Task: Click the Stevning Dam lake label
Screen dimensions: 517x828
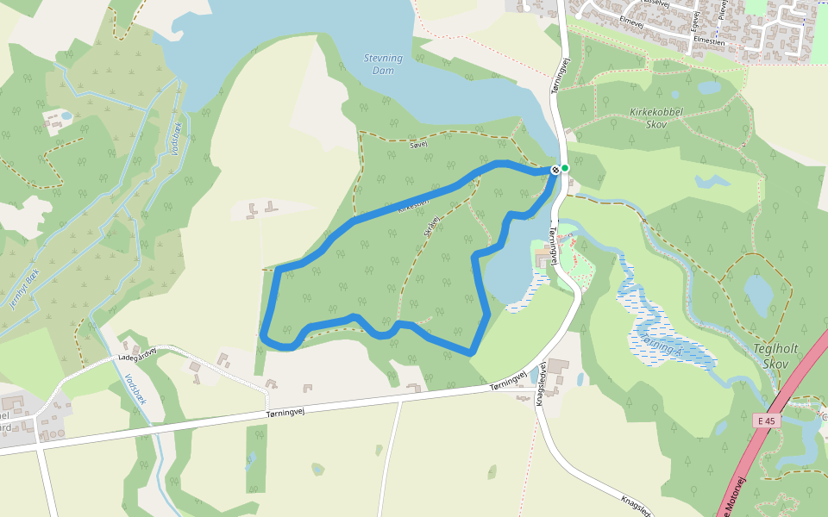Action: (383, 64)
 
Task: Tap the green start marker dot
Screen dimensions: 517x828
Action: (565, 168)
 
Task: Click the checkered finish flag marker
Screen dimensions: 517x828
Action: (555, 171)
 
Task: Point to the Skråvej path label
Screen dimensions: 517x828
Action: (432, 227)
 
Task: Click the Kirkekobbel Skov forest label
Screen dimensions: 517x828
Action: (656, 118)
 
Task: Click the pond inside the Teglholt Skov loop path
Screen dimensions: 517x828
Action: (759, 294)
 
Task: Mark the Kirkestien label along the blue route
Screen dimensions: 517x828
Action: (413, 205)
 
